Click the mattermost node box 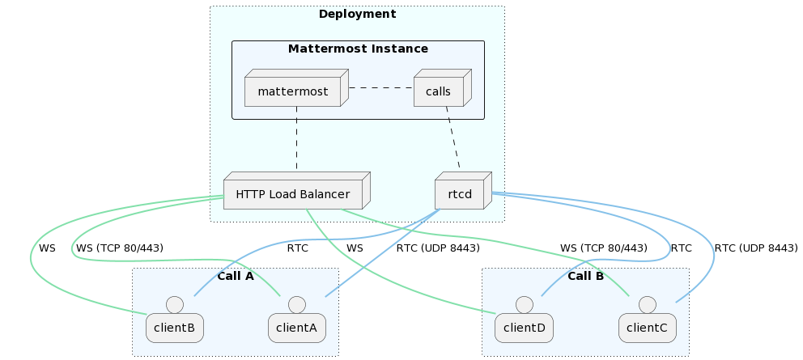[292, 91]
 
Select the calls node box [438, 91]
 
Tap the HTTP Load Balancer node [292, 195]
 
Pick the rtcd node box [459, 195]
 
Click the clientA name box [297, 328]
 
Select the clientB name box [174, 328]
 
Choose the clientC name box [647, 328]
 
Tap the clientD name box [524, 328]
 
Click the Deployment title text [357, 15]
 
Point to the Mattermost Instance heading [358, 49]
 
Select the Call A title [236, 276]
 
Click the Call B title [585, 276]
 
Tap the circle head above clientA [297, 304]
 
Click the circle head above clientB [174, 304]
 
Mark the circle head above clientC [647, 304]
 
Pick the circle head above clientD [524, 304]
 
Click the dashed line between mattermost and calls [380, 87]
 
